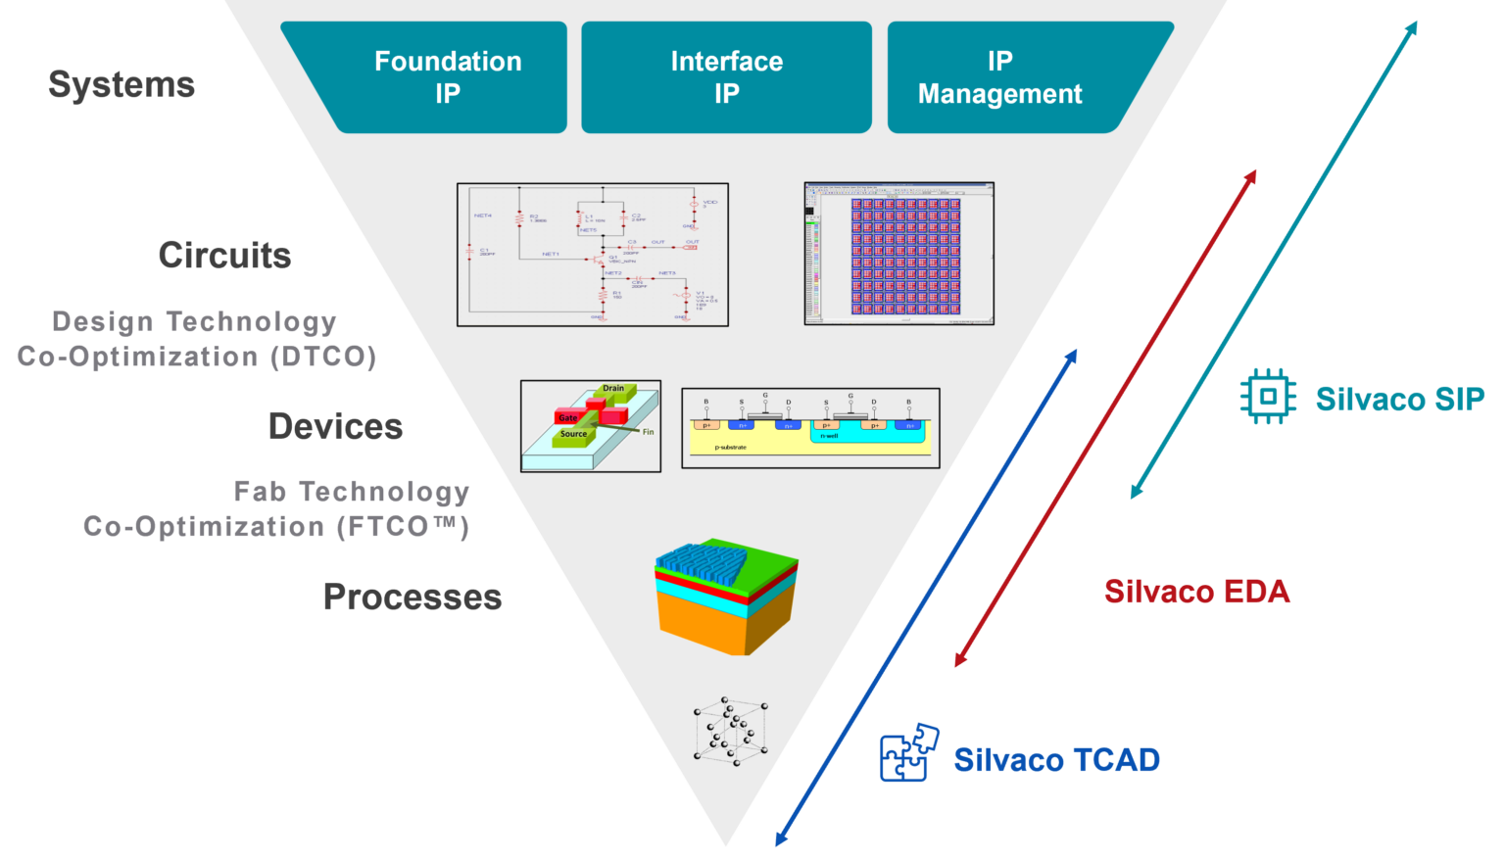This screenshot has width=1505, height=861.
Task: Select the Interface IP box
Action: click(x=726, y=77)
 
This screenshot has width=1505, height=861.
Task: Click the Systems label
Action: click(x=121, y=85)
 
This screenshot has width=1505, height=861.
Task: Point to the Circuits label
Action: click(x=224, y=256)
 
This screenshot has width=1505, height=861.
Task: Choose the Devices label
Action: click(x=335, y=427)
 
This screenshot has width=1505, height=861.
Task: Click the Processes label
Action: click(x=413, y=598)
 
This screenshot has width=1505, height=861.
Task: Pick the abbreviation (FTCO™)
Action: click(x=403, y=527)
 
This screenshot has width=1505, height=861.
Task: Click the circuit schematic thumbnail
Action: click(x=593, y=255)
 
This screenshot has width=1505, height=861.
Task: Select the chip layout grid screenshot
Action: click(x=898, y=254)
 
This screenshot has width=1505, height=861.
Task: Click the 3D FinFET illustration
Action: click(x=591, y=426)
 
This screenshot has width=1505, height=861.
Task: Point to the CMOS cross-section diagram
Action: click(x=810, y=428)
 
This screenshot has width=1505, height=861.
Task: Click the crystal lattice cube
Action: click(x=731, y=731)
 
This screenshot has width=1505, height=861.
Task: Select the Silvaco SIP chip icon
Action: click(x=1268, y=397)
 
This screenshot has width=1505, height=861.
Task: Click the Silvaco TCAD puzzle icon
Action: click(x=909, y=753)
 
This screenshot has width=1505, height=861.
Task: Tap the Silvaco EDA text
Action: click(x=1196, y=592)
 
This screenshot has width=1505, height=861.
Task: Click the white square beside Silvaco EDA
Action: click(x=1063, y=589)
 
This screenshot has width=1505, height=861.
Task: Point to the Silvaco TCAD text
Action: click(x=1056, y=760)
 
